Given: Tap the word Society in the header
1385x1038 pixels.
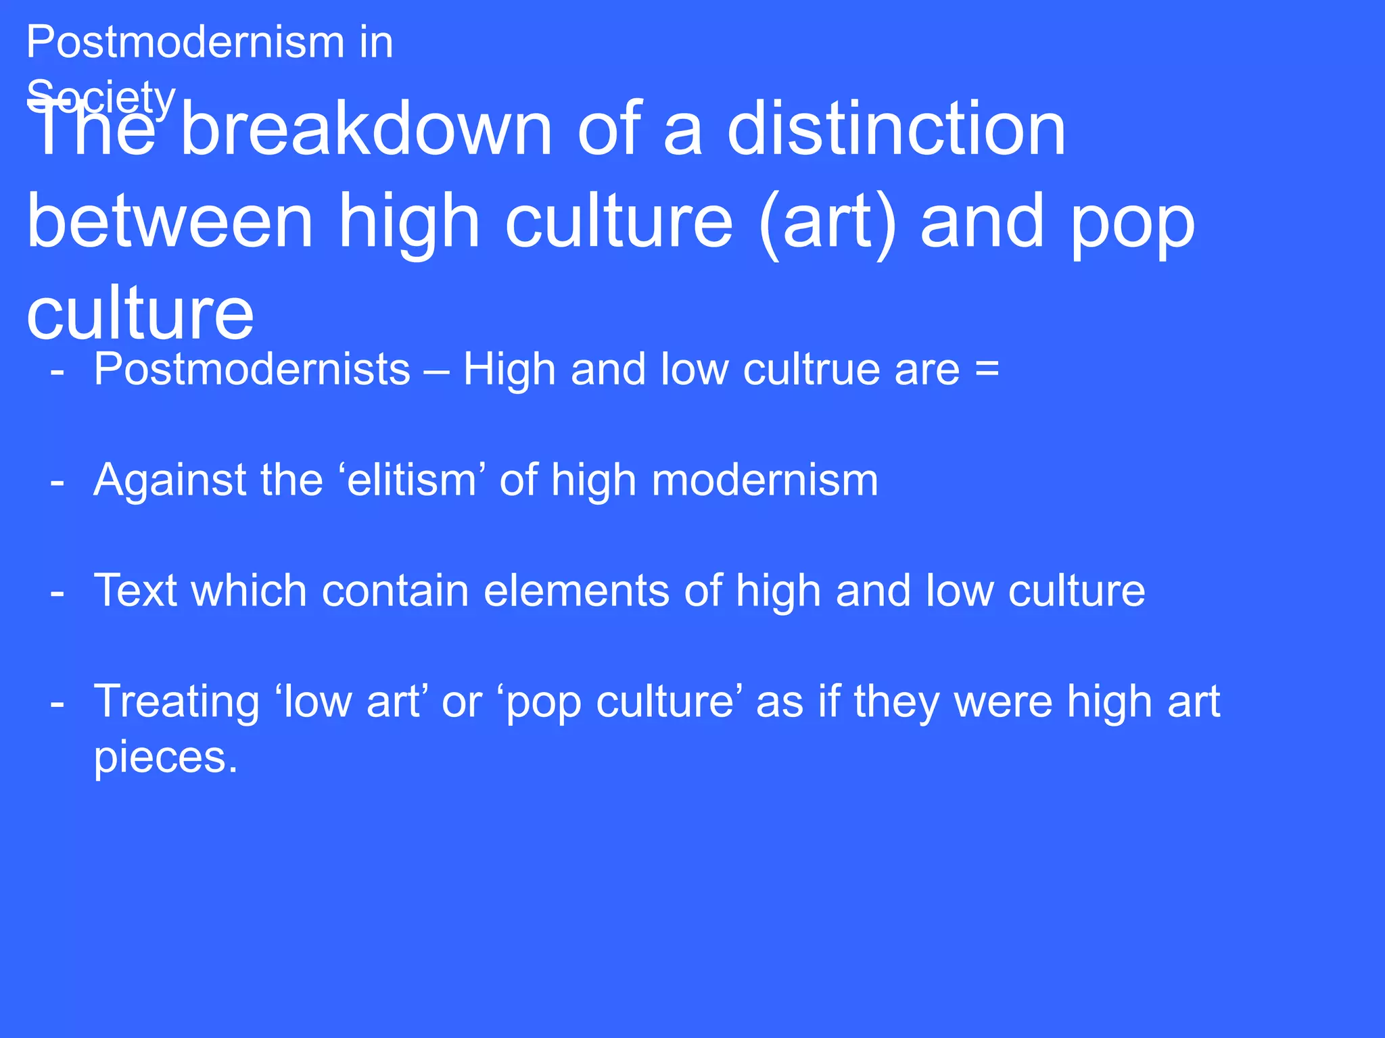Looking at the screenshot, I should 101,97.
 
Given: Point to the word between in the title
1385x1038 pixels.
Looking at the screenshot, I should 170,221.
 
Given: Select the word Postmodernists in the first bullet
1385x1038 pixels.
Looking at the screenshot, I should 252,370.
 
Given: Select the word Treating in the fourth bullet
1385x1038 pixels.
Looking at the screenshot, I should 177,701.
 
